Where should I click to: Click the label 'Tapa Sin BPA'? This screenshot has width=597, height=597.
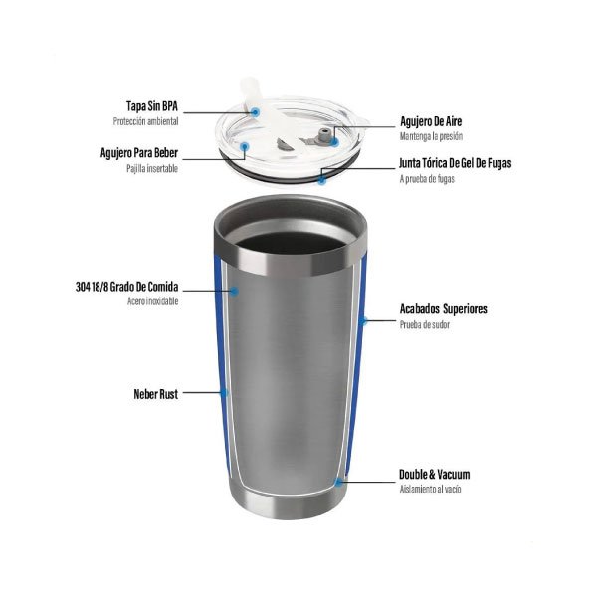click(x=152, y=106)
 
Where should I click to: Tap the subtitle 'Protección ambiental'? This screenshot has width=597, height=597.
click(x=146, y=121)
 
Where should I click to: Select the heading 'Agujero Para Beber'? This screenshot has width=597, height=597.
click(x=139, y=153)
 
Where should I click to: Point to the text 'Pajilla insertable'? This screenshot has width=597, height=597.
click(x=152, y=169)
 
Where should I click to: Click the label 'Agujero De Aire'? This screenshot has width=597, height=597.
click(x=431, y=121)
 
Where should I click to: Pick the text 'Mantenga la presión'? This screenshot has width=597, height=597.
click(x=432, y=136)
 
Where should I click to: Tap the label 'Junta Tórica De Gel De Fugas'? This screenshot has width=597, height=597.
click(x=456, y=163)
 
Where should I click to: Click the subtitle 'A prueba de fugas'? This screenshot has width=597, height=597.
click(x=427, y=179)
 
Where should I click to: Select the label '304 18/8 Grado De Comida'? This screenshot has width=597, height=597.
click(x=126, y=287)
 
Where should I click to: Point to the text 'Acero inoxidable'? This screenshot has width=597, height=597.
click(x=152, y=301)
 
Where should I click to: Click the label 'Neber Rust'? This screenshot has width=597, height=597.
click(x=156, y=394)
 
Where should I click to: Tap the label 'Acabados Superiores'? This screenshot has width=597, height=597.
click(x=444, y=309)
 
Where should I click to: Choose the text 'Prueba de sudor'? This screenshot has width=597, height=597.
click(x=425, y=324)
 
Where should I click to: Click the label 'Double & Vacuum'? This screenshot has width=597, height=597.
click(x=435, y=475)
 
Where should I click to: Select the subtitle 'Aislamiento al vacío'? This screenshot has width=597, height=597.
click(x=430, y=490)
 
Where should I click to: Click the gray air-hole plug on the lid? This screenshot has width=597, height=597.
click(x=324, y=134)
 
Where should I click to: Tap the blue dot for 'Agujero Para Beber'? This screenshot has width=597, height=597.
click(x=245, y=146)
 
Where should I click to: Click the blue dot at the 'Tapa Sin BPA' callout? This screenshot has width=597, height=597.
click(x=256, y=111)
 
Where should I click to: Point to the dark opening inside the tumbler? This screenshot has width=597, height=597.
click(x=292, y=243)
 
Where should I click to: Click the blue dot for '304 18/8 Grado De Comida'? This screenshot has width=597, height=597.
click(x=235, y=292)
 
